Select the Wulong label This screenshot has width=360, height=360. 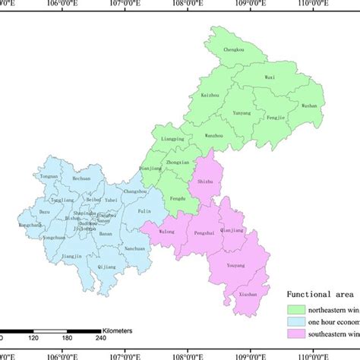[x=166, y=231]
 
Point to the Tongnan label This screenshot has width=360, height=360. [x=49, y=175]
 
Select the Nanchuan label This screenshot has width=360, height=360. [x=135, y=249]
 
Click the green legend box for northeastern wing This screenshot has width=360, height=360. [x=296, y=309]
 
